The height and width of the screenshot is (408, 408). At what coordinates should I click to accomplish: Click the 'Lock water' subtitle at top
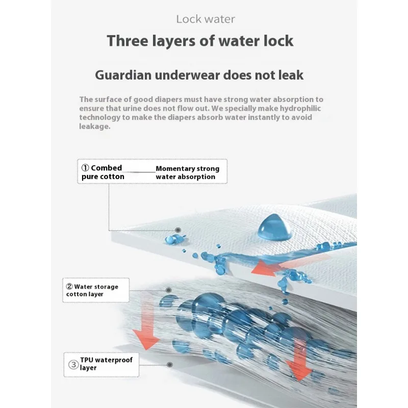click(x=206, y=19)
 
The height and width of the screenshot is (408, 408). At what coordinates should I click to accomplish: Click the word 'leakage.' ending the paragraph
click(x=94, y=126)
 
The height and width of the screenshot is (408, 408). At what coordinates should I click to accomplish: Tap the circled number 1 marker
click(x=85, y=168)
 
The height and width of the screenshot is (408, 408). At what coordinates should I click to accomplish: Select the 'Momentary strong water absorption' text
click(x=187, y=172)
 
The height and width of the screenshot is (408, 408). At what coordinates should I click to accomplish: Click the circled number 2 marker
click(x=69, y=287)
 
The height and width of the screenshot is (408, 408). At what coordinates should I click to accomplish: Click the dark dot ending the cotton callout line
click(x=178, y=230)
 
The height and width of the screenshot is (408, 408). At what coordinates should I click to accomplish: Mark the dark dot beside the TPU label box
click(x=169, y=364)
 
